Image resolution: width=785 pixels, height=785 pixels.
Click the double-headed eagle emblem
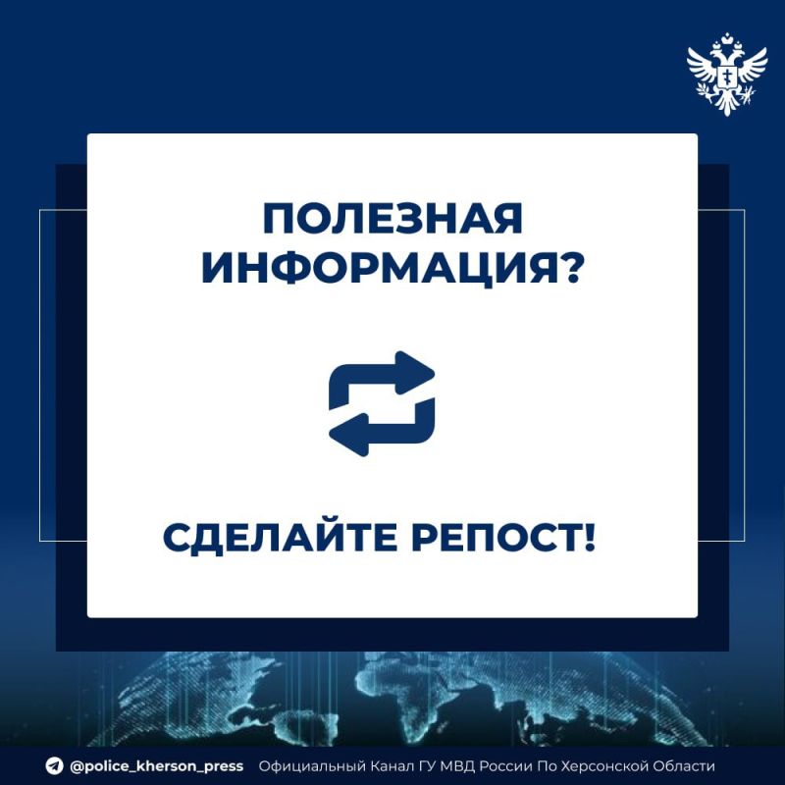coord(726,74)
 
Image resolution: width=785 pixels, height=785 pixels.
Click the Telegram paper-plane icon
coord(53,766)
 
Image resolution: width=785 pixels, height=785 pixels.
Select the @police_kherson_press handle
coord(156,766)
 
